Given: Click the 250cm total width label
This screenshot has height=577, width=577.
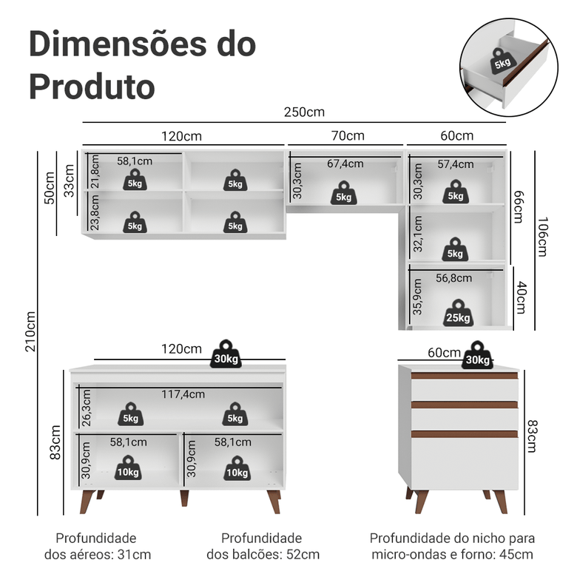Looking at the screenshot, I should (304, 112).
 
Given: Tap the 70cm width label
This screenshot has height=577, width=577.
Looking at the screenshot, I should (347, 135).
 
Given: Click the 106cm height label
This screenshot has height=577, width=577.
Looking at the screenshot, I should (542, 237).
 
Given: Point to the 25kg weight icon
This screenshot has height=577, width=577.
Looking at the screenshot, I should (458, 313).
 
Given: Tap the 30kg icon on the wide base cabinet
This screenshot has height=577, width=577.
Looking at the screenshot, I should (226, 354).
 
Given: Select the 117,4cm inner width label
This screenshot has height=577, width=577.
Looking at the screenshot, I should (183, 394).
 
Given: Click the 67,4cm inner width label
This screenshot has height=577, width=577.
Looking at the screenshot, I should (345, 163).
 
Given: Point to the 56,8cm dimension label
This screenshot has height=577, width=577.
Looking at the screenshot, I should (453, 278).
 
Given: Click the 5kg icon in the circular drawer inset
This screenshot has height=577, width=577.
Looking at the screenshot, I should (502, 61).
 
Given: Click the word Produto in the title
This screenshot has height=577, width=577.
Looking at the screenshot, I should (92, 86).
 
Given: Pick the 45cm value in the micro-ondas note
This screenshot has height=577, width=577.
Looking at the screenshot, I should (518, 554).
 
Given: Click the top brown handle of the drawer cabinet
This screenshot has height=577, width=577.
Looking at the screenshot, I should (465, 376).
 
